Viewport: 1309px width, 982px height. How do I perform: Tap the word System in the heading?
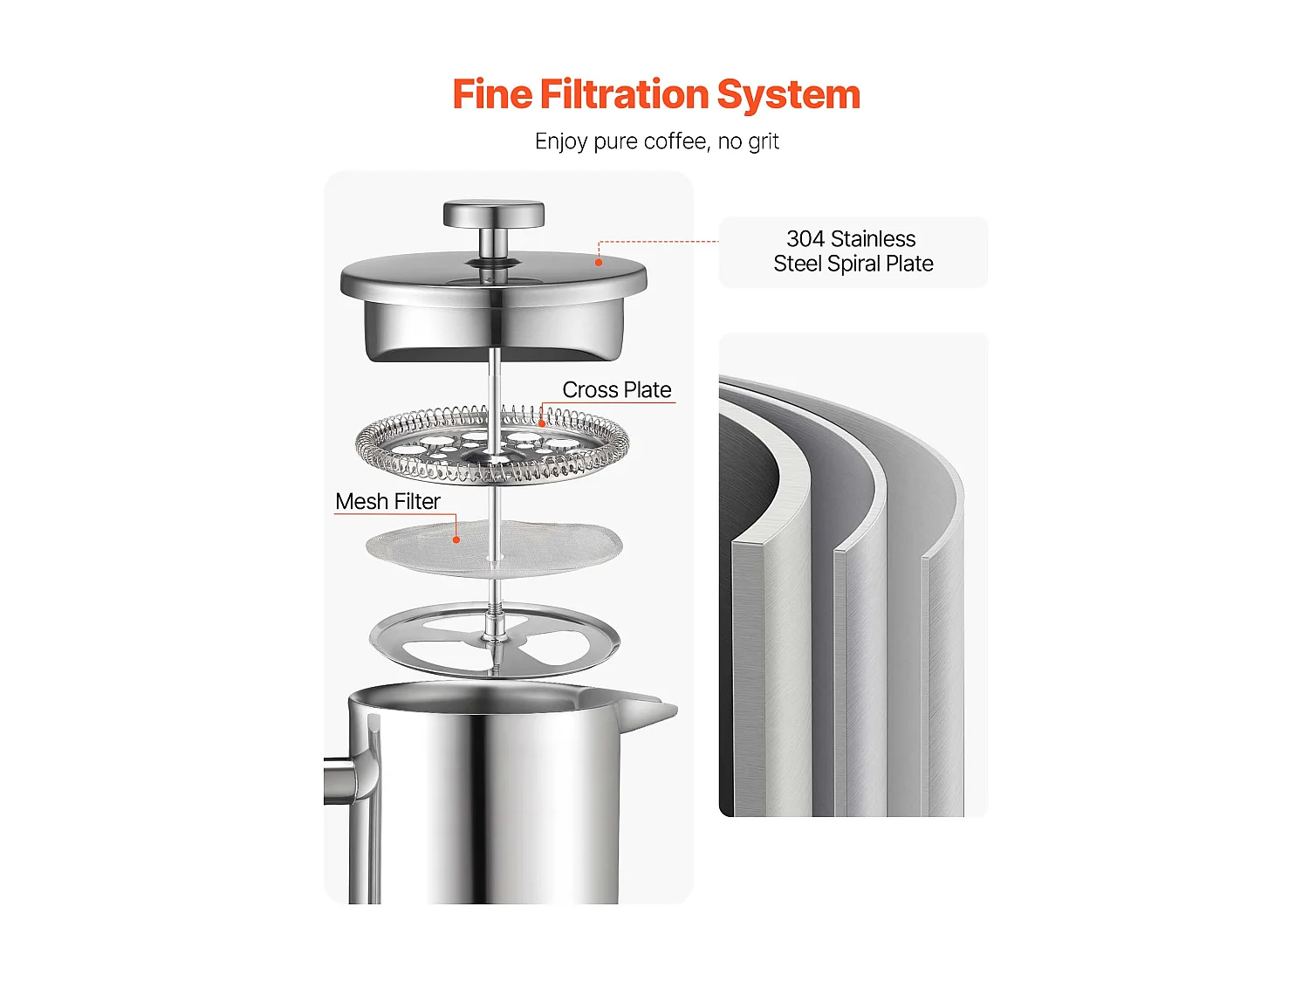pyautogui.click(x=788, y=94)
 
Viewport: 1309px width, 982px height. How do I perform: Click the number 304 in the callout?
pyautogui.click(x=805, y=239)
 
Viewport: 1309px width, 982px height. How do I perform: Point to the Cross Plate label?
pyautogui.click(x=616, y=390)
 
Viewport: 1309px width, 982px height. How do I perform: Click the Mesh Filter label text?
pyautogui.click(x=387, y=502)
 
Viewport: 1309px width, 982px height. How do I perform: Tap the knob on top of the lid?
pyautogui.click(x=493, y=215)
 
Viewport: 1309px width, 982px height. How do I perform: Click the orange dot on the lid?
pyautogui.click(x=599, y=262)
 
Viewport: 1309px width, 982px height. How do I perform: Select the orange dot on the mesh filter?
pyautogui.click(x=456, y=540)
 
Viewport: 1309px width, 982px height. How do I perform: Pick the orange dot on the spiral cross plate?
pyautogui.click(x=542, y=424)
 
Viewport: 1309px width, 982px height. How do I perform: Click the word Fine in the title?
pyautogui.click(x=491, y=94)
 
